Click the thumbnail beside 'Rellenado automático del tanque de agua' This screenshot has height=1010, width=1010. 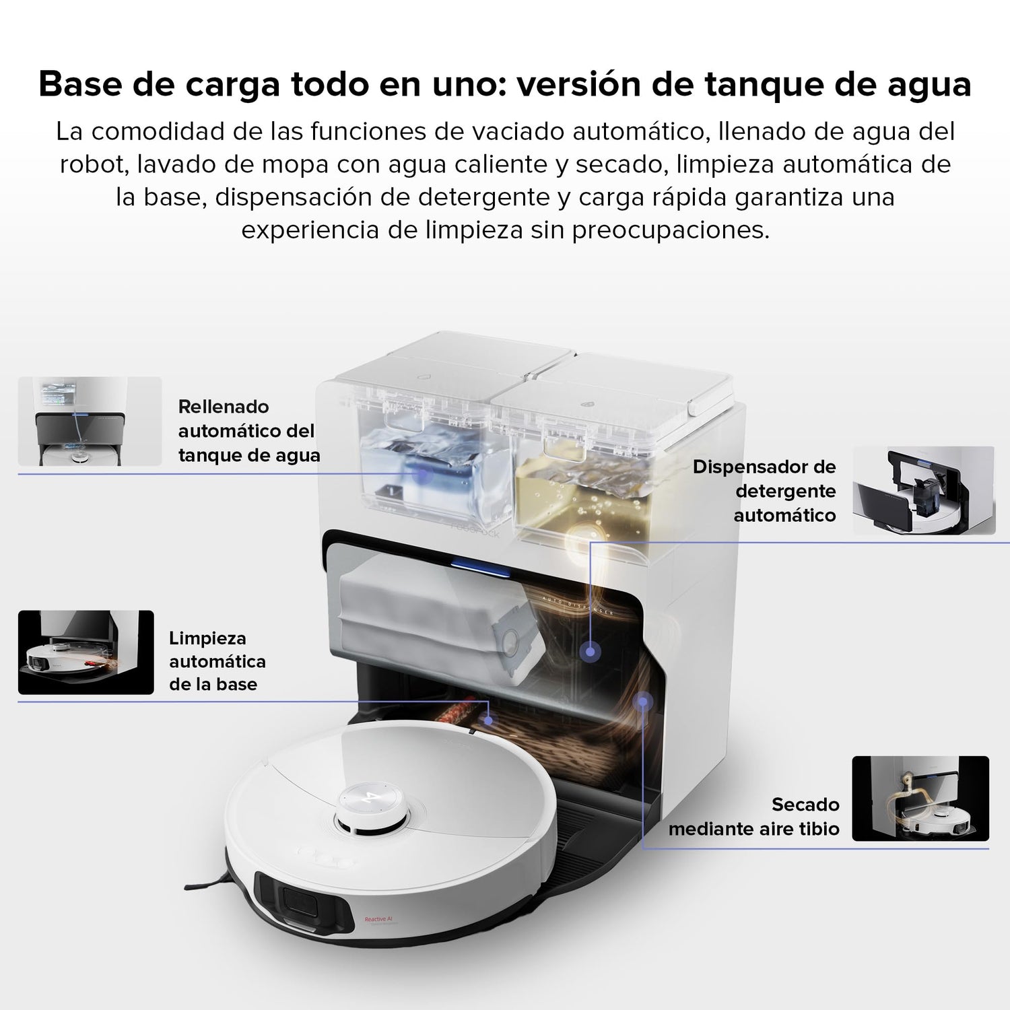click(x=90, y=422)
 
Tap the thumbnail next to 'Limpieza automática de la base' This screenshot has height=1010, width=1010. click(x=86, y=652)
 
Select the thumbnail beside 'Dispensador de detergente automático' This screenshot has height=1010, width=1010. click(x=924, y=491)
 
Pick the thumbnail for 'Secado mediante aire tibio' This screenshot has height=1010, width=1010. click(x=920, y=799)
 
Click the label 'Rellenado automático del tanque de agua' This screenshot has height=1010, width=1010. click(x=248, y=431)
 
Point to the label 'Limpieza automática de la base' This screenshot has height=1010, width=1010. click(x=217, y=661)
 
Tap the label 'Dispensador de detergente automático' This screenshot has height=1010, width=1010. click(x=764, y=491)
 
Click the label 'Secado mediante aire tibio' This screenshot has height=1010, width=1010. click(x=754, y=817)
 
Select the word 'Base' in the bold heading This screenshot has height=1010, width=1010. click(x=79, y=85)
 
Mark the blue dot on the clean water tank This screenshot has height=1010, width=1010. click(x=422, y=473)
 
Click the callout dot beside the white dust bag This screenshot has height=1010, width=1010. click(x=591, y=651)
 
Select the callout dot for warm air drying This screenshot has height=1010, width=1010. click(x=643, y=702)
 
